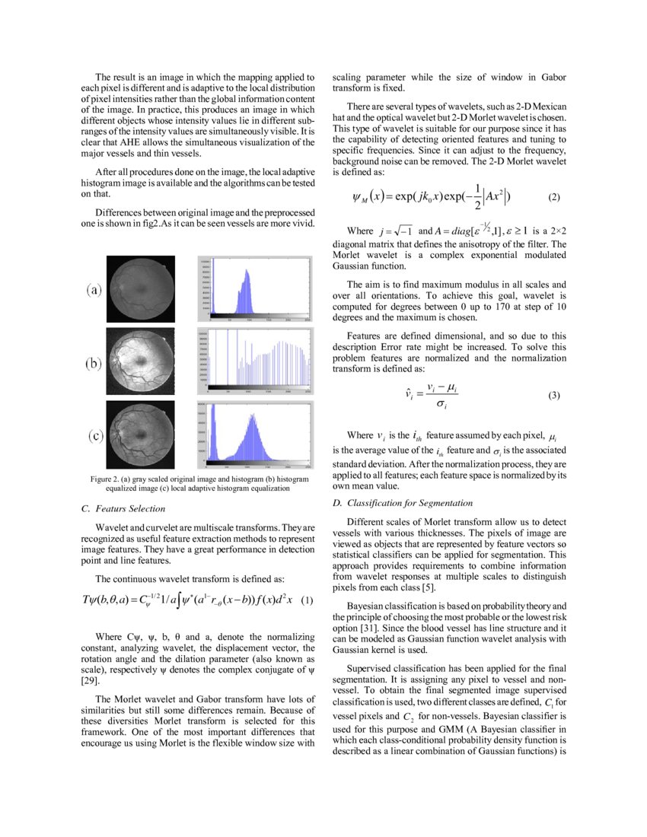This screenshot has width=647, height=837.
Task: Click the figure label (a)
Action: tap(95, 290)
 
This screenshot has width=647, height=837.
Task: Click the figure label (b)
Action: tap(95, 363)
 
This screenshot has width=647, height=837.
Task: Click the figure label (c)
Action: tap(95, 436)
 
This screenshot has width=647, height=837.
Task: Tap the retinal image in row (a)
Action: tap(144, 287)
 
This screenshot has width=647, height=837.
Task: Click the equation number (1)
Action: tap(307, 600)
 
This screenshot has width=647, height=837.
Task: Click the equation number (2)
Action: tap(554, 197)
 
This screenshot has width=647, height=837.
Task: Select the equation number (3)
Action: tap(554, 395)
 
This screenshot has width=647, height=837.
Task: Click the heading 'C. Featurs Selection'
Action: tap(123, 508)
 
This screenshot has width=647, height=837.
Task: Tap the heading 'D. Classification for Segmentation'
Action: tap(403, 503)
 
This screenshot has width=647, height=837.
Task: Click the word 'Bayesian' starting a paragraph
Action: tap(368, 606)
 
